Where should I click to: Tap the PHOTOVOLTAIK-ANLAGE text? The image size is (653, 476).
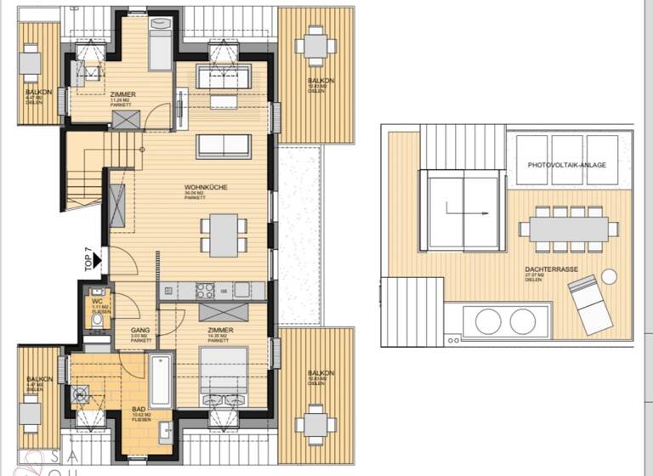coord(566,164)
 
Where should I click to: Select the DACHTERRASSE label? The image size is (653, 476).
coord(550,269)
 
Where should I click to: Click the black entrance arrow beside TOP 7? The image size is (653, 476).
coord(99,254)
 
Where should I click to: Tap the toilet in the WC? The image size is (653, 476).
coord(96,321)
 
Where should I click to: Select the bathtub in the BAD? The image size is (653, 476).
coord(161,381)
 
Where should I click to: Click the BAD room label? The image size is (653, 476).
coord(138,409)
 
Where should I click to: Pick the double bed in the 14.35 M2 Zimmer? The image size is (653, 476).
coord(224,372)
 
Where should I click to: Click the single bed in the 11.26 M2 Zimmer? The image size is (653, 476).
coord(159,42)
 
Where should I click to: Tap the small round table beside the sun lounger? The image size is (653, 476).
coord(609,276)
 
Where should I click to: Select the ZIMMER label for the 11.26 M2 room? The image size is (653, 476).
coord(123,94)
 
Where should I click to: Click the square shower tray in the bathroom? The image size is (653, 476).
coord(83,394)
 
